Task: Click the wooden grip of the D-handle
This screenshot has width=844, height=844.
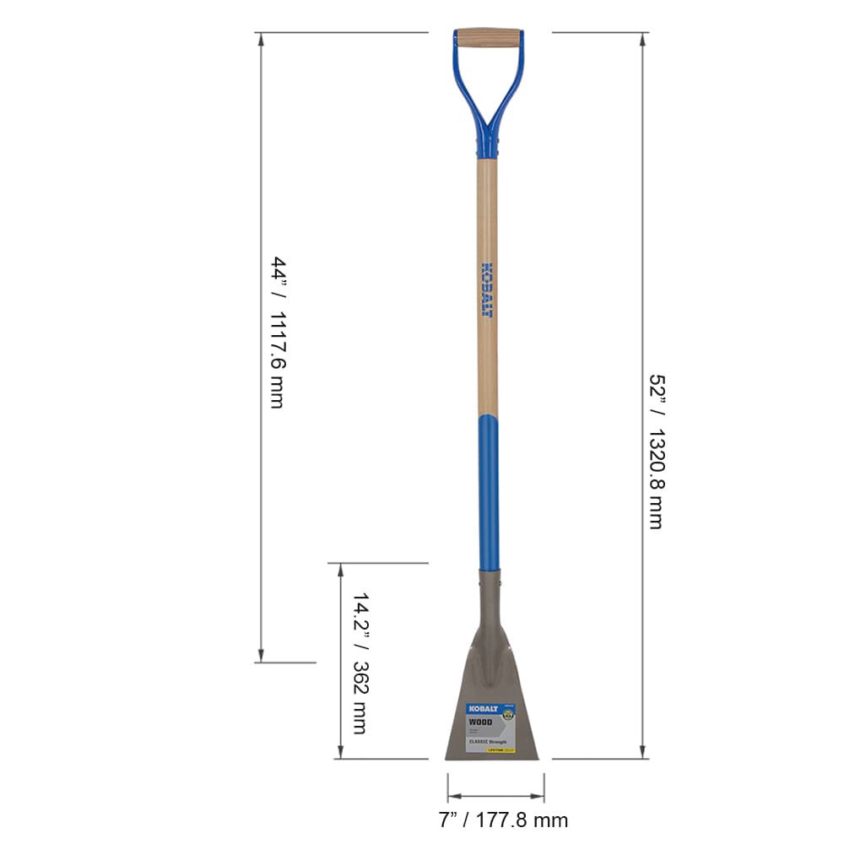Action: [488, 38]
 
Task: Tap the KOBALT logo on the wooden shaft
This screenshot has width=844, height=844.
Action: [487, 289]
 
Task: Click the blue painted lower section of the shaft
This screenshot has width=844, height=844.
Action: [488, 490]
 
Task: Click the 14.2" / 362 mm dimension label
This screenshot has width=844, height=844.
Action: [359, 663]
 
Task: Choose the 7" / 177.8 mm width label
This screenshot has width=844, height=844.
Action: [503, 820]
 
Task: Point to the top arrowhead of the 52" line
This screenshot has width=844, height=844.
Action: [644, 39]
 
